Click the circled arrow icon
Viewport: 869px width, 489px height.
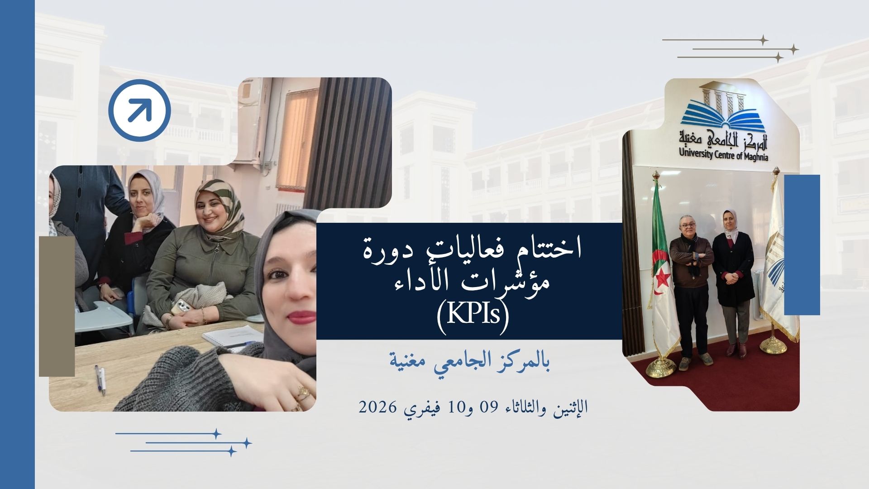point(139,110)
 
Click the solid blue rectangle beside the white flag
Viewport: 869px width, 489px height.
point(802,244)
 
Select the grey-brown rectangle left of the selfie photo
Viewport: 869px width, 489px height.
point(57,306)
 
